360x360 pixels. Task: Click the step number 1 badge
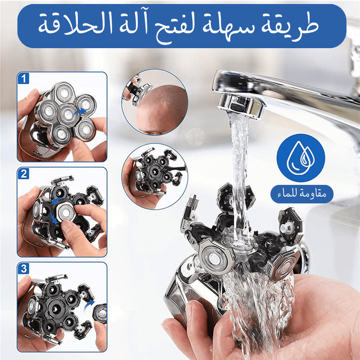tap(23, 78)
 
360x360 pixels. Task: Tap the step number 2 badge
tap(23, 174)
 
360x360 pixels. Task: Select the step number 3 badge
tap(23, 268)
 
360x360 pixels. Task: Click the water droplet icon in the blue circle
tap(301, 158)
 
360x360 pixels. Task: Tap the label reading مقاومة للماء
tap(302, 194)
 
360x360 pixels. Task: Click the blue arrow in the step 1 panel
tap(79, 112)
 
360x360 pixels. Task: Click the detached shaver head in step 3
tap(100, 313)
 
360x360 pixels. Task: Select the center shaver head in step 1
tap(67, 115)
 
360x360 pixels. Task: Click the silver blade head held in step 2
tap(65, 213)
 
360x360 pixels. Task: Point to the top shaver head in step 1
tap(64, 92)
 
